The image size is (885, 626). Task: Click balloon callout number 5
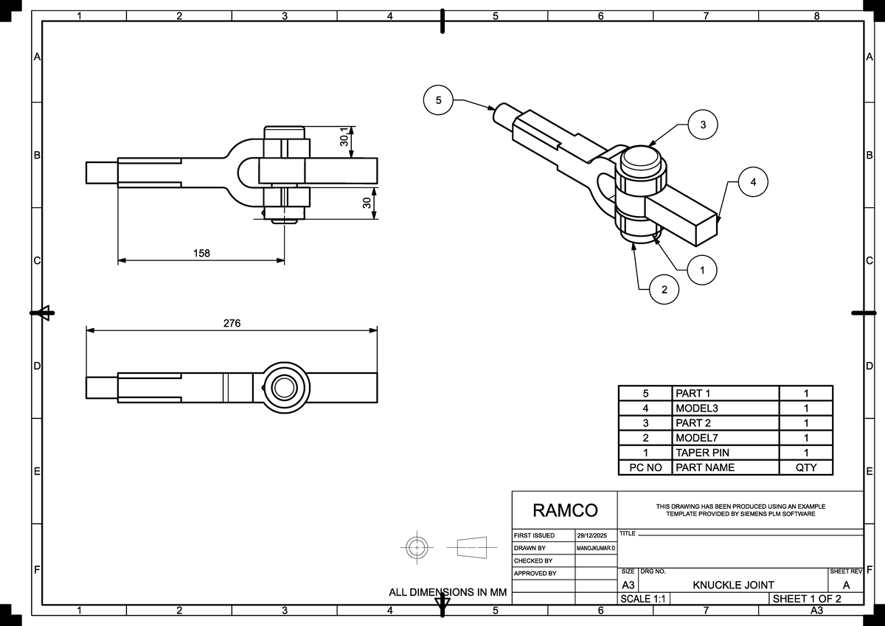439,100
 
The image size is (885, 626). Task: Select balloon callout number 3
703,125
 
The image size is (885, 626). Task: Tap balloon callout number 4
753,181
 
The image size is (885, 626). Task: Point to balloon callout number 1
703,271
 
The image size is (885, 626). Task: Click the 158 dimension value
201,253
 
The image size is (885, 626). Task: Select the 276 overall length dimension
232,323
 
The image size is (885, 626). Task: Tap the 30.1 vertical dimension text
344,138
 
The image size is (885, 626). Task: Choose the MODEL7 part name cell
696,438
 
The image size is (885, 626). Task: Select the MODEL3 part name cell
696,408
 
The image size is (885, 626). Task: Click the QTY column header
805,467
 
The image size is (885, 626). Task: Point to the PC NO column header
645,467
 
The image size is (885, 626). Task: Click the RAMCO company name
565,510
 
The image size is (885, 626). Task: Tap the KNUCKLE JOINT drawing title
733,585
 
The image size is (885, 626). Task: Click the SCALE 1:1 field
643,599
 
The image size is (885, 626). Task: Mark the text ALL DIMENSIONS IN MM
448,592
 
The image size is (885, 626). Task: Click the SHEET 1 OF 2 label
806,599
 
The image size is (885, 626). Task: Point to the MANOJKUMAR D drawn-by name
596,549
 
